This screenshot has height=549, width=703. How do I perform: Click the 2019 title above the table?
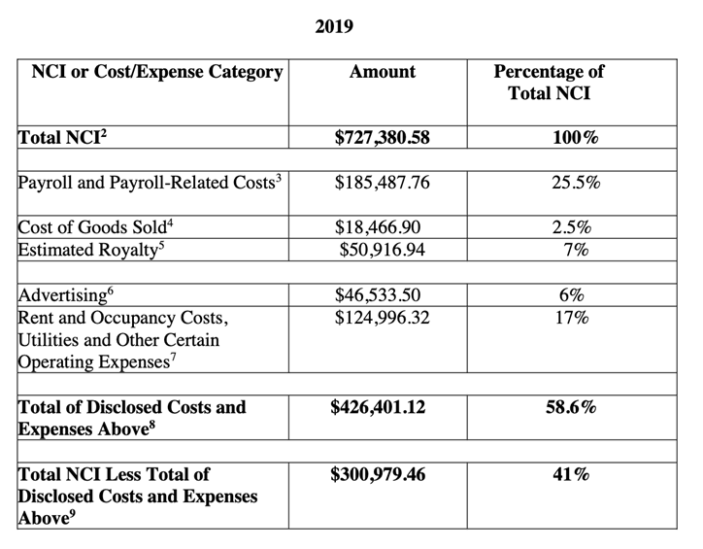335,27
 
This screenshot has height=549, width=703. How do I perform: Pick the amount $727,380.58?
381,138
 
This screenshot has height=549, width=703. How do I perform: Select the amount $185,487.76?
381,182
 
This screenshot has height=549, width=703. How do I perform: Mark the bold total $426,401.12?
381,407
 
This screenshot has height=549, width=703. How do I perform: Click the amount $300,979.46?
381,475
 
